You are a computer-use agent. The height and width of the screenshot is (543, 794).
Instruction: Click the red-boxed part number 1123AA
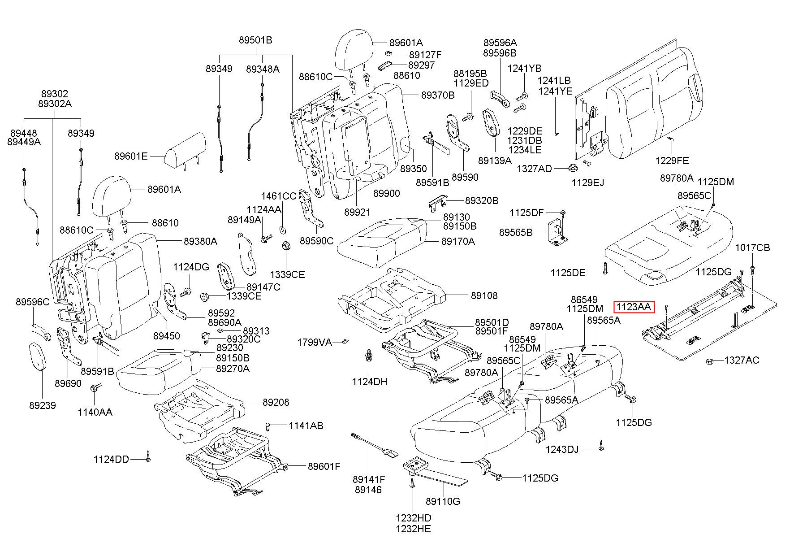point(634,307)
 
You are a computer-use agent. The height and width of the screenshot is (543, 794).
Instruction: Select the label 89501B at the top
point(255,40)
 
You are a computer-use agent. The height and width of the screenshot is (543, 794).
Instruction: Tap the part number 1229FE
point(672,161)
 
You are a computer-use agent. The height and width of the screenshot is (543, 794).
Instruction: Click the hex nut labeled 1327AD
point(572,168)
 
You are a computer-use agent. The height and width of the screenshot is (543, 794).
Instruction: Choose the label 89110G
point(443,501)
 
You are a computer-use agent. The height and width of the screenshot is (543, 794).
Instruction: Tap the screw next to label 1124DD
point(148,456)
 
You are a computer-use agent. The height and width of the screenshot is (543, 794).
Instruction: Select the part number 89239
point(43,405)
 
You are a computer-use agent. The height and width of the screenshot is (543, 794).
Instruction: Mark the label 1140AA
point(95,412)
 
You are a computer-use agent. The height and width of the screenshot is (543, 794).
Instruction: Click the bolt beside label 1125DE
point(605,268)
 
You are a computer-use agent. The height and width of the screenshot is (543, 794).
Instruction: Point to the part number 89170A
point(458,241)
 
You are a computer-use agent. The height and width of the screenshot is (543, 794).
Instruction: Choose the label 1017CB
point(752,248)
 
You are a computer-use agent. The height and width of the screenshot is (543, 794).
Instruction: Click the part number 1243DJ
point(562,449)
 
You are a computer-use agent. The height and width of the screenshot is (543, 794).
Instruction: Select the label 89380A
point(200,241)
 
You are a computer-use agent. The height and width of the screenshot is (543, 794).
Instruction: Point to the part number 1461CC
point(279,196)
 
